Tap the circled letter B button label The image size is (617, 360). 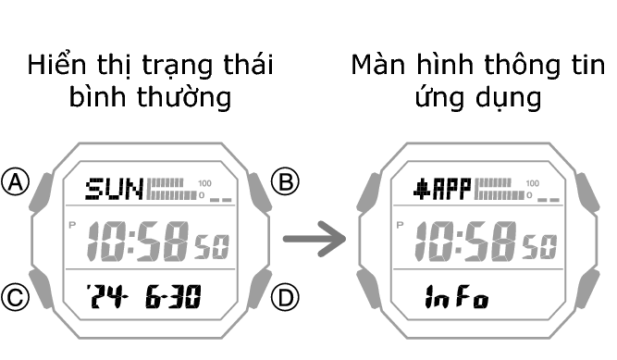(288, 181)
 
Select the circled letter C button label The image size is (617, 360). (16, 297)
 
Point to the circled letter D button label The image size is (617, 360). (288, 297)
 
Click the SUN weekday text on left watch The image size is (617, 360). (114, 191)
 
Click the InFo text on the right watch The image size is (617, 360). (456, 298)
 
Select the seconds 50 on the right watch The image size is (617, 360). (540, 247)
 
